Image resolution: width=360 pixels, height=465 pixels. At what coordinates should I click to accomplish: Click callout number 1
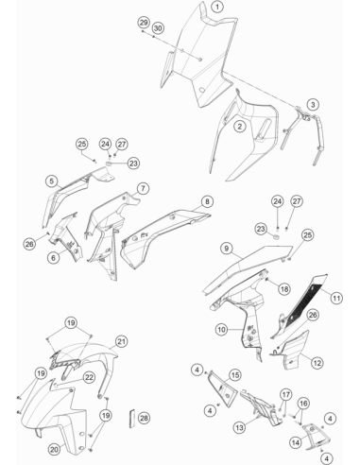point(217,7)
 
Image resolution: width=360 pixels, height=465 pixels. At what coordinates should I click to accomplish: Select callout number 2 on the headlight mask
point(240,127)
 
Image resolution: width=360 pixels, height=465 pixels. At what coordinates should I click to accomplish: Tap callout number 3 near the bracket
point(313,104)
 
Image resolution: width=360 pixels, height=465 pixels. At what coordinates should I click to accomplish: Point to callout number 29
point(144,23)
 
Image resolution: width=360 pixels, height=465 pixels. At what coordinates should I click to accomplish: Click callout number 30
point(158,28)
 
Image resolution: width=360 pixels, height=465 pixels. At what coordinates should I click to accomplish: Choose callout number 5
point(52,181)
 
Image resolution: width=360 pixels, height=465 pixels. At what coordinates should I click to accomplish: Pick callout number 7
point(143,189)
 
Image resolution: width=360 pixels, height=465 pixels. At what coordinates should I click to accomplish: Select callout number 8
point(207,201)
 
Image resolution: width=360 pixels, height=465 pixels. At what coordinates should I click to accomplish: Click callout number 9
point(227,249)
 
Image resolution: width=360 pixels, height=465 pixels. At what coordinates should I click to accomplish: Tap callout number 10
point(222,330)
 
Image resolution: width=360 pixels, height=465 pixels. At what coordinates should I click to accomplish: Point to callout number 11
point(336,298)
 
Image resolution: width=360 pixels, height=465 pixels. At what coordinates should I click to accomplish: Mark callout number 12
point(317,363)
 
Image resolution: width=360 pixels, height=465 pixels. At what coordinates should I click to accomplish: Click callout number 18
point(284,289)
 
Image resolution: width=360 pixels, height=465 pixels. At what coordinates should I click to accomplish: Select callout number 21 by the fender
point(122,341)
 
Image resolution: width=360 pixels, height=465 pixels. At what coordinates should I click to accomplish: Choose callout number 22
point(89,377)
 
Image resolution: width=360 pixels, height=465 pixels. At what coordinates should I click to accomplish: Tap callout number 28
point(144,418)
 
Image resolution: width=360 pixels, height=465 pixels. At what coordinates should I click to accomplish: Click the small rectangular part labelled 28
point(132,419)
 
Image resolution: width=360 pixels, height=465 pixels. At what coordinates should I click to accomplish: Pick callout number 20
point(54,449)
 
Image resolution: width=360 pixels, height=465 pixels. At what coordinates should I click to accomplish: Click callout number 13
point(239,427)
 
